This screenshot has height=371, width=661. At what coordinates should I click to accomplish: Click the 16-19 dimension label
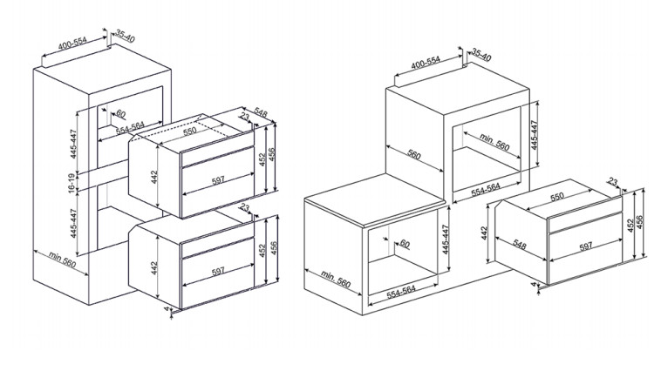(72, 183)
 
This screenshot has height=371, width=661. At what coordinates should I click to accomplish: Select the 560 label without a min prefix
(414, 155)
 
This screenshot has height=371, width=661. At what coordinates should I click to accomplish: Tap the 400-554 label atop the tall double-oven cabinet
(72, 43)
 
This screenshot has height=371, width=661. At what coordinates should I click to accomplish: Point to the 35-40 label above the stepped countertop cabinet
(481, 54)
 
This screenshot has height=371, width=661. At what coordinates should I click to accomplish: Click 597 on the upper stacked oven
(218, 180)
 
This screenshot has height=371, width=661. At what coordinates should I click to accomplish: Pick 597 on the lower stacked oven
(218, 272)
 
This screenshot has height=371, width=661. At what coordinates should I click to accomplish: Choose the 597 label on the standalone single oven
(585, 246)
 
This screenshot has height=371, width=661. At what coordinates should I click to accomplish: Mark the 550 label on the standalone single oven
(557, 196)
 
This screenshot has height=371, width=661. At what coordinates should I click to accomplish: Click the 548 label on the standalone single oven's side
(520, 245)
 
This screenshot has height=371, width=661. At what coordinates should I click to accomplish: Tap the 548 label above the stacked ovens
(261, 112)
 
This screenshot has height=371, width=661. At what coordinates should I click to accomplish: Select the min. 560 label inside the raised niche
(494, 141)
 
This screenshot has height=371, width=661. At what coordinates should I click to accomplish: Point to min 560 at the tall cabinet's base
(62, 260)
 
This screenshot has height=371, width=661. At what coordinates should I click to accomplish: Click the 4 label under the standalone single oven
(534, 285)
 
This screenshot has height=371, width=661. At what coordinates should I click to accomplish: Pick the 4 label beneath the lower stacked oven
(166, 309)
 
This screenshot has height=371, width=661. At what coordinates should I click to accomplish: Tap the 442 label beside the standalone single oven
(484, 233)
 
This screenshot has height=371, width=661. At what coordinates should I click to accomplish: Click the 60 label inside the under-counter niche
(405, 243)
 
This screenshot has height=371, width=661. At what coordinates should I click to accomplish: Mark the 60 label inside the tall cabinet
(120, 113)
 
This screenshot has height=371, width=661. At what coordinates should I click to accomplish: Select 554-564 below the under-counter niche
(401, 292)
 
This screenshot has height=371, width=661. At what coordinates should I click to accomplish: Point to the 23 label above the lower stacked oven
(244, 207)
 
